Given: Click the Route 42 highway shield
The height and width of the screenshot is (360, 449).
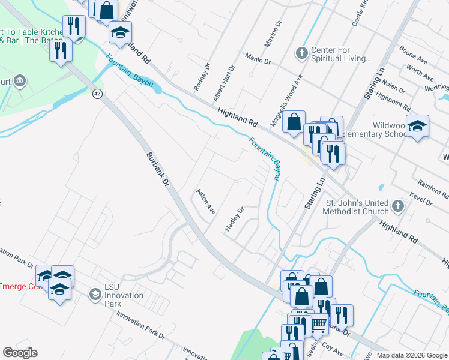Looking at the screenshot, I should point(97,94).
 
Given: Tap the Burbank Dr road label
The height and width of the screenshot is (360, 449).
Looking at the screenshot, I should point(158,171).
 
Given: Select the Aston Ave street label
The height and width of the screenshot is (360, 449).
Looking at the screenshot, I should point(206,202).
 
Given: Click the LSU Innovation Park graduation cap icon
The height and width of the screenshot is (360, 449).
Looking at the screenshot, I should point(95,295).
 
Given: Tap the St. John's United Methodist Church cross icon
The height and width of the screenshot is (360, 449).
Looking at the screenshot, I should point(397,207).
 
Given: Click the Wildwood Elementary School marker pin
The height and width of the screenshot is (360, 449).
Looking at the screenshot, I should point(417,126).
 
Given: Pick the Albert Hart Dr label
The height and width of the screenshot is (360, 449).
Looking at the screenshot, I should point(224,85).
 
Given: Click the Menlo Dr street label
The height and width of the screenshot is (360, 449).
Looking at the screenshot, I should point(258,58).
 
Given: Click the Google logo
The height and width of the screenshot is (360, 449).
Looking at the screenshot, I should point(19,353).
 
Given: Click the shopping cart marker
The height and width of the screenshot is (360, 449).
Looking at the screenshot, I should point(318,323).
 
